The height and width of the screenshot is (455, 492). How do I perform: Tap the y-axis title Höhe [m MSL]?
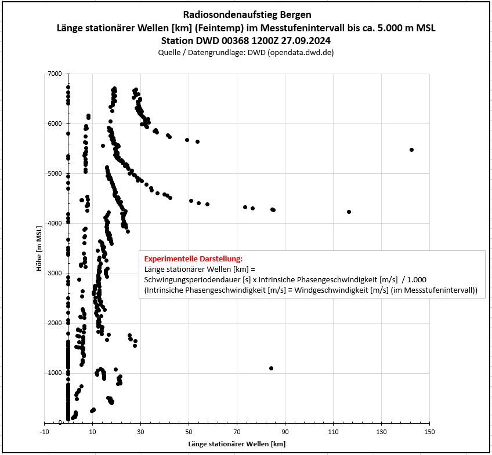39,249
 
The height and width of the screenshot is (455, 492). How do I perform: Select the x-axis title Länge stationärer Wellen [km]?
237,444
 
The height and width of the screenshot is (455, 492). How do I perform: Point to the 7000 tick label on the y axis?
55,74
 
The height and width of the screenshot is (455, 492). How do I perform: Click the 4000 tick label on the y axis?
55,223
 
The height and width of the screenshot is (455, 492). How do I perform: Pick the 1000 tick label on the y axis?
55,373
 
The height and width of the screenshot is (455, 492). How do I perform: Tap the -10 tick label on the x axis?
44,432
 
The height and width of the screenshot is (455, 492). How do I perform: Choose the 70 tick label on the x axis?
237,432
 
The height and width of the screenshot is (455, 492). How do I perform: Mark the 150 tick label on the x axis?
429,432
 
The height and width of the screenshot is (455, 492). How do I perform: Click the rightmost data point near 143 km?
412,150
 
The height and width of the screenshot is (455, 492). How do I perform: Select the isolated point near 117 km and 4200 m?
349,212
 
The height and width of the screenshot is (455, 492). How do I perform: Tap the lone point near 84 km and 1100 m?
271,368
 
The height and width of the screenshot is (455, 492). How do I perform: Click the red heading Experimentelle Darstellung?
193,259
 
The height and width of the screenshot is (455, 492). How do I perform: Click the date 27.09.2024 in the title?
306,41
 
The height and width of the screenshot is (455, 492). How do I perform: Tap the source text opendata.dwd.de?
301,52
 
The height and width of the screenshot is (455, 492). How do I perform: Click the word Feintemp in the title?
223,28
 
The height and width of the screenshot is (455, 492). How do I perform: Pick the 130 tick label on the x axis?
382,432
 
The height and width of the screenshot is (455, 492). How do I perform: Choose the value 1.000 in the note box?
417,279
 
